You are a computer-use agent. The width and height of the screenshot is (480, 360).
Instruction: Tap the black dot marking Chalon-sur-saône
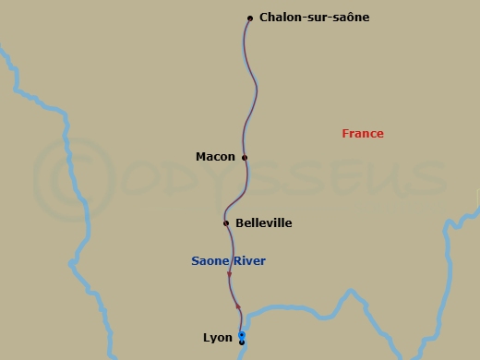coord(250,18)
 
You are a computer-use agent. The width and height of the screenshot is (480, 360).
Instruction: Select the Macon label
coord(215,157)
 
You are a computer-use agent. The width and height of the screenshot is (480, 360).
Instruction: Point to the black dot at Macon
coord(245,158)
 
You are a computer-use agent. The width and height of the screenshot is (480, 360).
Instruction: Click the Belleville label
coord(263,222)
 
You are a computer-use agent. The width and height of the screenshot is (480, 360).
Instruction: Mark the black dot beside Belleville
coord(226,222)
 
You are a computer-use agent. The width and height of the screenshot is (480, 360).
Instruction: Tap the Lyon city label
coord(218,337)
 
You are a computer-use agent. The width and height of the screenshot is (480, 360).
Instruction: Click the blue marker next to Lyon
coord(242,335)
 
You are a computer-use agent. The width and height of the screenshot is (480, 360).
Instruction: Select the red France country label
coord(362,134)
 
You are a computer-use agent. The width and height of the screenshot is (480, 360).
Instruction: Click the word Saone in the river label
coord(209,261)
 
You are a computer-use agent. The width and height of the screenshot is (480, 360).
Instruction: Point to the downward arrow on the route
coord(229,274)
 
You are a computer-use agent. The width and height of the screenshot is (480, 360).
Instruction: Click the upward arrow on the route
coord(238,306)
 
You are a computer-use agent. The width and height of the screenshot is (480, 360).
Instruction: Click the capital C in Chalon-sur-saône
coord(265,17)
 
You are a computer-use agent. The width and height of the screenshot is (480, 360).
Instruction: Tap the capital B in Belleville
coord(240,222)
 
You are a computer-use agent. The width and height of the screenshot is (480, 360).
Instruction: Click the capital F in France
coord(345,134)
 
